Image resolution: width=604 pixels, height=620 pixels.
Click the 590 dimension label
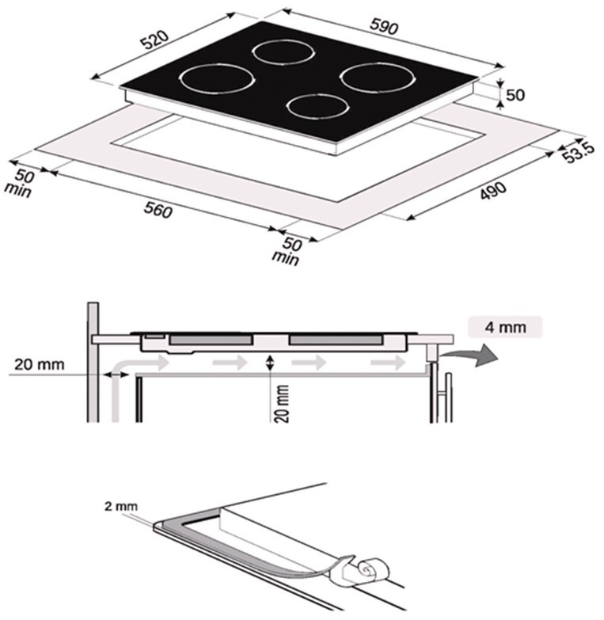384,27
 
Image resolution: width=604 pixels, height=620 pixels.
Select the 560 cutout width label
158,210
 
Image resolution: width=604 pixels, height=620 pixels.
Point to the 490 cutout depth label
493,191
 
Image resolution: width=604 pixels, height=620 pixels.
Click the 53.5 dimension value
579,152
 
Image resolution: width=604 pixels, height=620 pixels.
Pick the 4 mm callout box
505,327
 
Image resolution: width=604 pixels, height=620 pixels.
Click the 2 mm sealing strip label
121,506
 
